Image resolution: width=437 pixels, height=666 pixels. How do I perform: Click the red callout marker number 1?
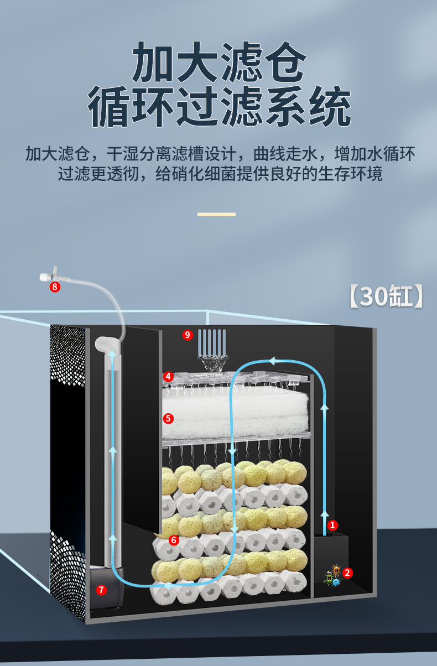click(332, 524)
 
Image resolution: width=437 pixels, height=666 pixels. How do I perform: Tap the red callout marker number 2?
click(347, 573)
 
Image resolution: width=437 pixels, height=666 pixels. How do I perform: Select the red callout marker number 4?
click(168, 376)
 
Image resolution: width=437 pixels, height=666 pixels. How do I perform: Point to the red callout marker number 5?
click(168, 418)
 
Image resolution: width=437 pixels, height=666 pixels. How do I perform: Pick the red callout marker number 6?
click(174, 539)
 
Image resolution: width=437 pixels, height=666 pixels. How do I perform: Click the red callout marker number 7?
click(101, 590)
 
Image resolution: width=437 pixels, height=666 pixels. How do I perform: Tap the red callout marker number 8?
click(54, 287)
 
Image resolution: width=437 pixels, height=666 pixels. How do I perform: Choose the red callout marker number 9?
click(188, 335)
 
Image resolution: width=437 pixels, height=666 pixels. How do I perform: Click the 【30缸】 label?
click(387, 296)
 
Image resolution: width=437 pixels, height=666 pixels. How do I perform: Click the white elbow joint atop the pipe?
click(107, 345)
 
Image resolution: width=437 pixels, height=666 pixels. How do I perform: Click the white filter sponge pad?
click(235, 413)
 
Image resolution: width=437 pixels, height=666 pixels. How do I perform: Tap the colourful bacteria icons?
click(332, 576)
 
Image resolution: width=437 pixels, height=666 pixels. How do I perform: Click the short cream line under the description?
click(216, 214)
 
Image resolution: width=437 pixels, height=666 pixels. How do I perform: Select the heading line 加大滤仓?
click(218, 64)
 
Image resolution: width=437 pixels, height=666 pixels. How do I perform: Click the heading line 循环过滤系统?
click(218, 107)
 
